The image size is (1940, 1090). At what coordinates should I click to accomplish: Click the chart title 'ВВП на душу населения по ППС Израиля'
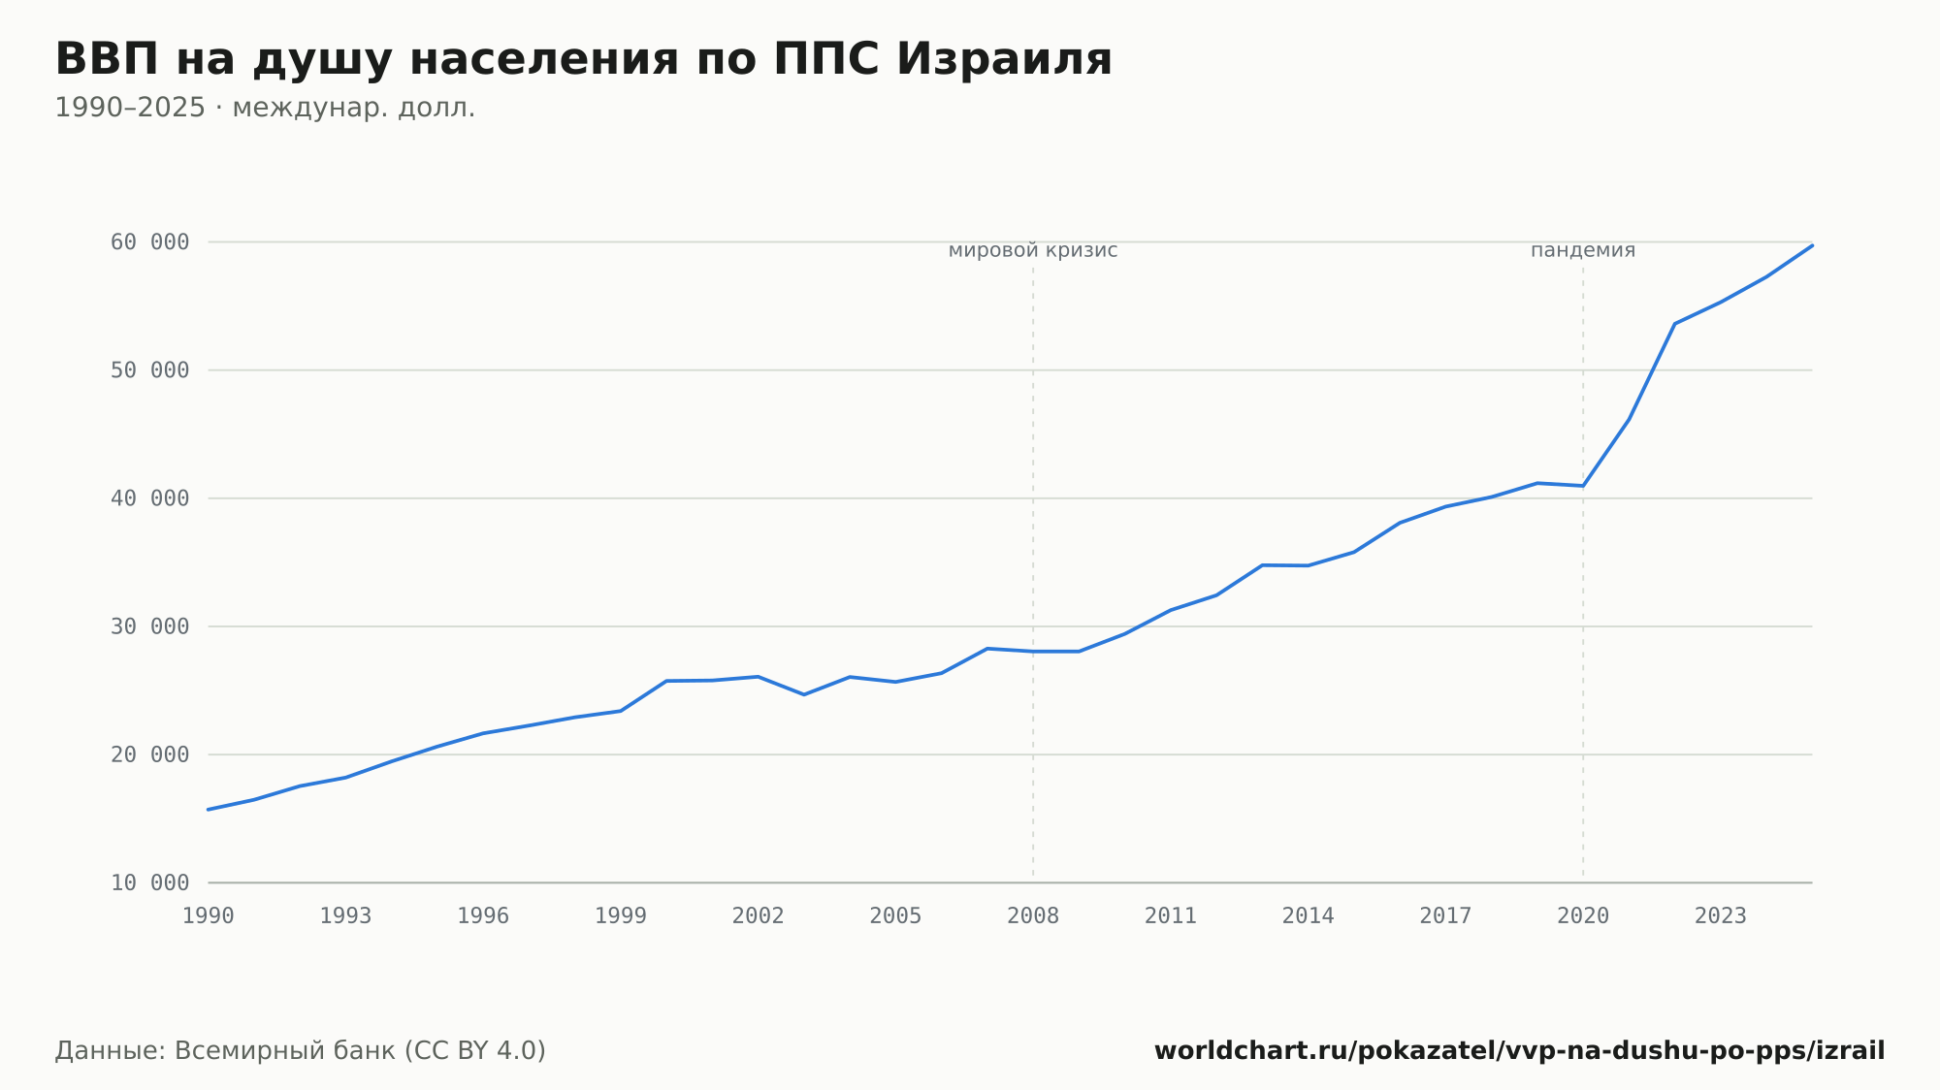583,60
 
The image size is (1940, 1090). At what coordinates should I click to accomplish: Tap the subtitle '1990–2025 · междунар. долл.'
265,108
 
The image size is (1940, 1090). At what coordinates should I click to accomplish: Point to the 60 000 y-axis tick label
150,242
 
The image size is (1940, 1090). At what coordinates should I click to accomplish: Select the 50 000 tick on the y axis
150,370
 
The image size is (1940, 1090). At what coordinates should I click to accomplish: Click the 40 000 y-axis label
150,498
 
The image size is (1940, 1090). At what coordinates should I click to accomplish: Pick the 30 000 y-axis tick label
150,626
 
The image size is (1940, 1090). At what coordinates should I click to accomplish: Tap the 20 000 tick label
150,754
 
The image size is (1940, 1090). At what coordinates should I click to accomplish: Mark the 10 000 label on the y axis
150,882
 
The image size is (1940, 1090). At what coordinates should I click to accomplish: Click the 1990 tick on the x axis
209,916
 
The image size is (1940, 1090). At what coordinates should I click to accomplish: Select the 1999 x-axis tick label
621,916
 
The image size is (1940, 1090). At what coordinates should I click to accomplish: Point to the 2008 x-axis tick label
1033,916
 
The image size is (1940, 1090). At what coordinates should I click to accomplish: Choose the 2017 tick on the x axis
1445,916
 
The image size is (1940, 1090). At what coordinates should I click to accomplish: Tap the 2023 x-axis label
1721,916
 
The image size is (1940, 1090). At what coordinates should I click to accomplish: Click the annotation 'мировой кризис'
1033,251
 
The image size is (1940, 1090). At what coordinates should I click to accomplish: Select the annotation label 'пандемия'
1583,251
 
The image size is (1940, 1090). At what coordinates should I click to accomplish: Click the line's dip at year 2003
804,694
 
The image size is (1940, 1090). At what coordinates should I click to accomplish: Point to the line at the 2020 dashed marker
1583,486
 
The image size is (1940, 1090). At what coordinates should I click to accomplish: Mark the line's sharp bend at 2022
1674,324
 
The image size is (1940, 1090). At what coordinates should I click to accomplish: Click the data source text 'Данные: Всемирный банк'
225,1051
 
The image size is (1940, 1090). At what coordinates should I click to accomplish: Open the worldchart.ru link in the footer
1519,1051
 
